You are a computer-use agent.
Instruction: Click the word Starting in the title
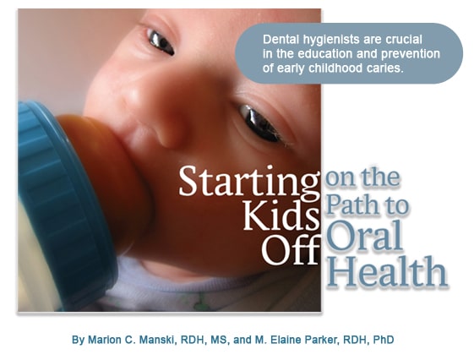(249, 183)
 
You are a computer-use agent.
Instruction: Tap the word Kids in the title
(281, 215)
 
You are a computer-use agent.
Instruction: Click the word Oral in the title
(364, 236)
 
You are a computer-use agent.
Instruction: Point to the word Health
(387, 271)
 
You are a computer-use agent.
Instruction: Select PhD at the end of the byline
(384, 340)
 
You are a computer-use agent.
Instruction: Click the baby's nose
(163, 121)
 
